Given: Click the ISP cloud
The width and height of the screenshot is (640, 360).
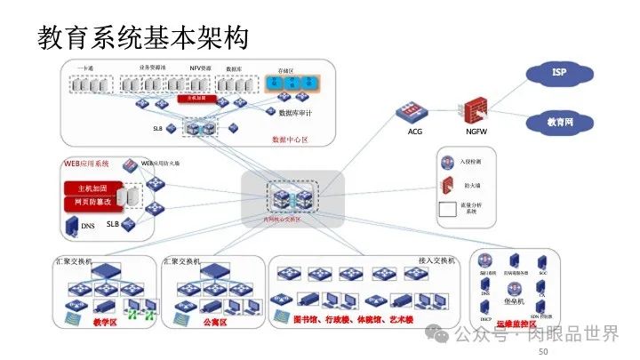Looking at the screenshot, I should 559,72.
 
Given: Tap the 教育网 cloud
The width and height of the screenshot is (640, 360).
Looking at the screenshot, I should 559,121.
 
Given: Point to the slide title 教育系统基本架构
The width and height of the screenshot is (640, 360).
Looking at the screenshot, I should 142,38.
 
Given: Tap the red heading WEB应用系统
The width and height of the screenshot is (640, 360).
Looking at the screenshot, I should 85,164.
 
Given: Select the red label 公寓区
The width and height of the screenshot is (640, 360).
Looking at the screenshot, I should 214,322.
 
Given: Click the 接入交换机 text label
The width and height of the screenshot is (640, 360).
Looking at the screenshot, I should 436,260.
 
